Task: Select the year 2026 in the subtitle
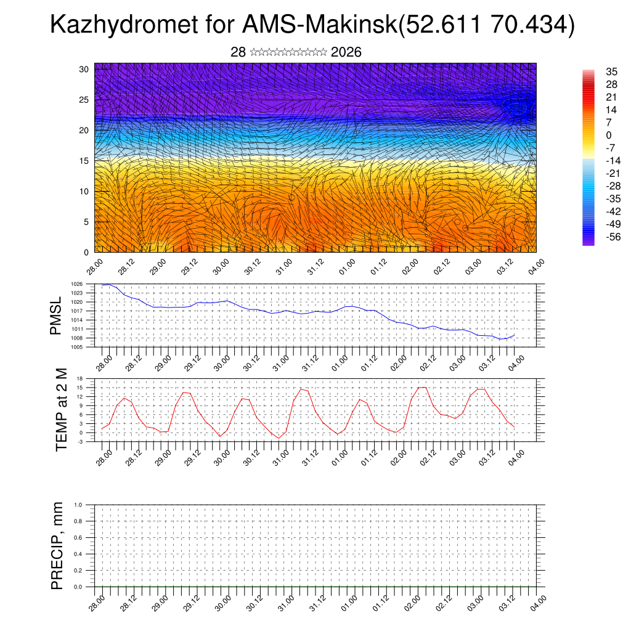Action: [x=346, y=52]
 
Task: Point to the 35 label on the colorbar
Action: [x=612, y=71]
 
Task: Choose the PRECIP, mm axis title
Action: [x=57, y=545]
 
